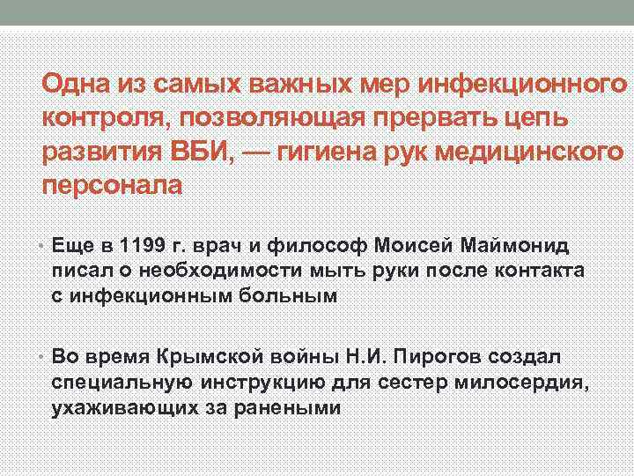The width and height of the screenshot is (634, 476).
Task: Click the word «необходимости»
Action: coord(205,271)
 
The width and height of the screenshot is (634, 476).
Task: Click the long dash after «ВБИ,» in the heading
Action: coord(254,150)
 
